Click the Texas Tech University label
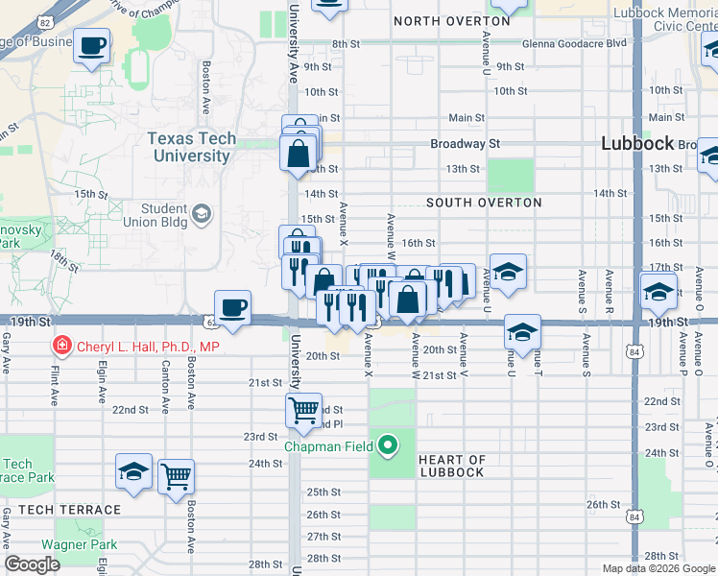click(192, 147)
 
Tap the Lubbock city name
click(637, 143)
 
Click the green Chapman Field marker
click(388, 444)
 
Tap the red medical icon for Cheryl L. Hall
click(62, 346)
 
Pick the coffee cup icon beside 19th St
click(232, 308)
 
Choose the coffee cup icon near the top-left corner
click(92, 46)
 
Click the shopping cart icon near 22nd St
click(303, 410)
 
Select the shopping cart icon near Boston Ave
click(176, 476)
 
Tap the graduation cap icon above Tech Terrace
click(133, 471)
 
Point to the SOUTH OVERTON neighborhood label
click(484, 203)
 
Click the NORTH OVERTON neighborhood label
click(451, 20)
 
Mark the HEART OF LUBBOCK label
click(452, 466)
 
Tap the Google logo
click(32, 564)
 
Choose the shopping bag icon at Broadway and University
click(299, 153)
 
